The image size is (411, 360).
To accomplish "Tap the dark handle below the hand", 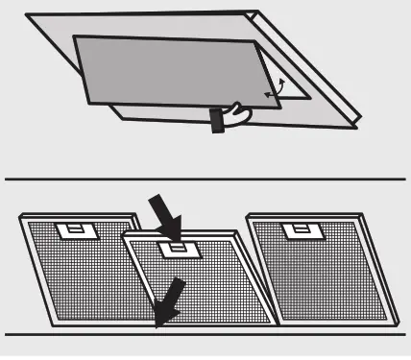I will coord(216,120).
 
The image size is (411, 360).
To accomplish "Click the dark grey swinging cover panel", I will coord(163,72).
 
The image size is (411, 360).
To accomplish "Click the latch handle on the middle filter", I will coord(177,249).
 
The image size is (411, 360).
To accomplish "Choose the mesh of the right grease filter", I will coord(322,274).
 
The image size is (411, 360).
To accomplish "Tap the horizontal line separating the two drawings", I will coord(205,180).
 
